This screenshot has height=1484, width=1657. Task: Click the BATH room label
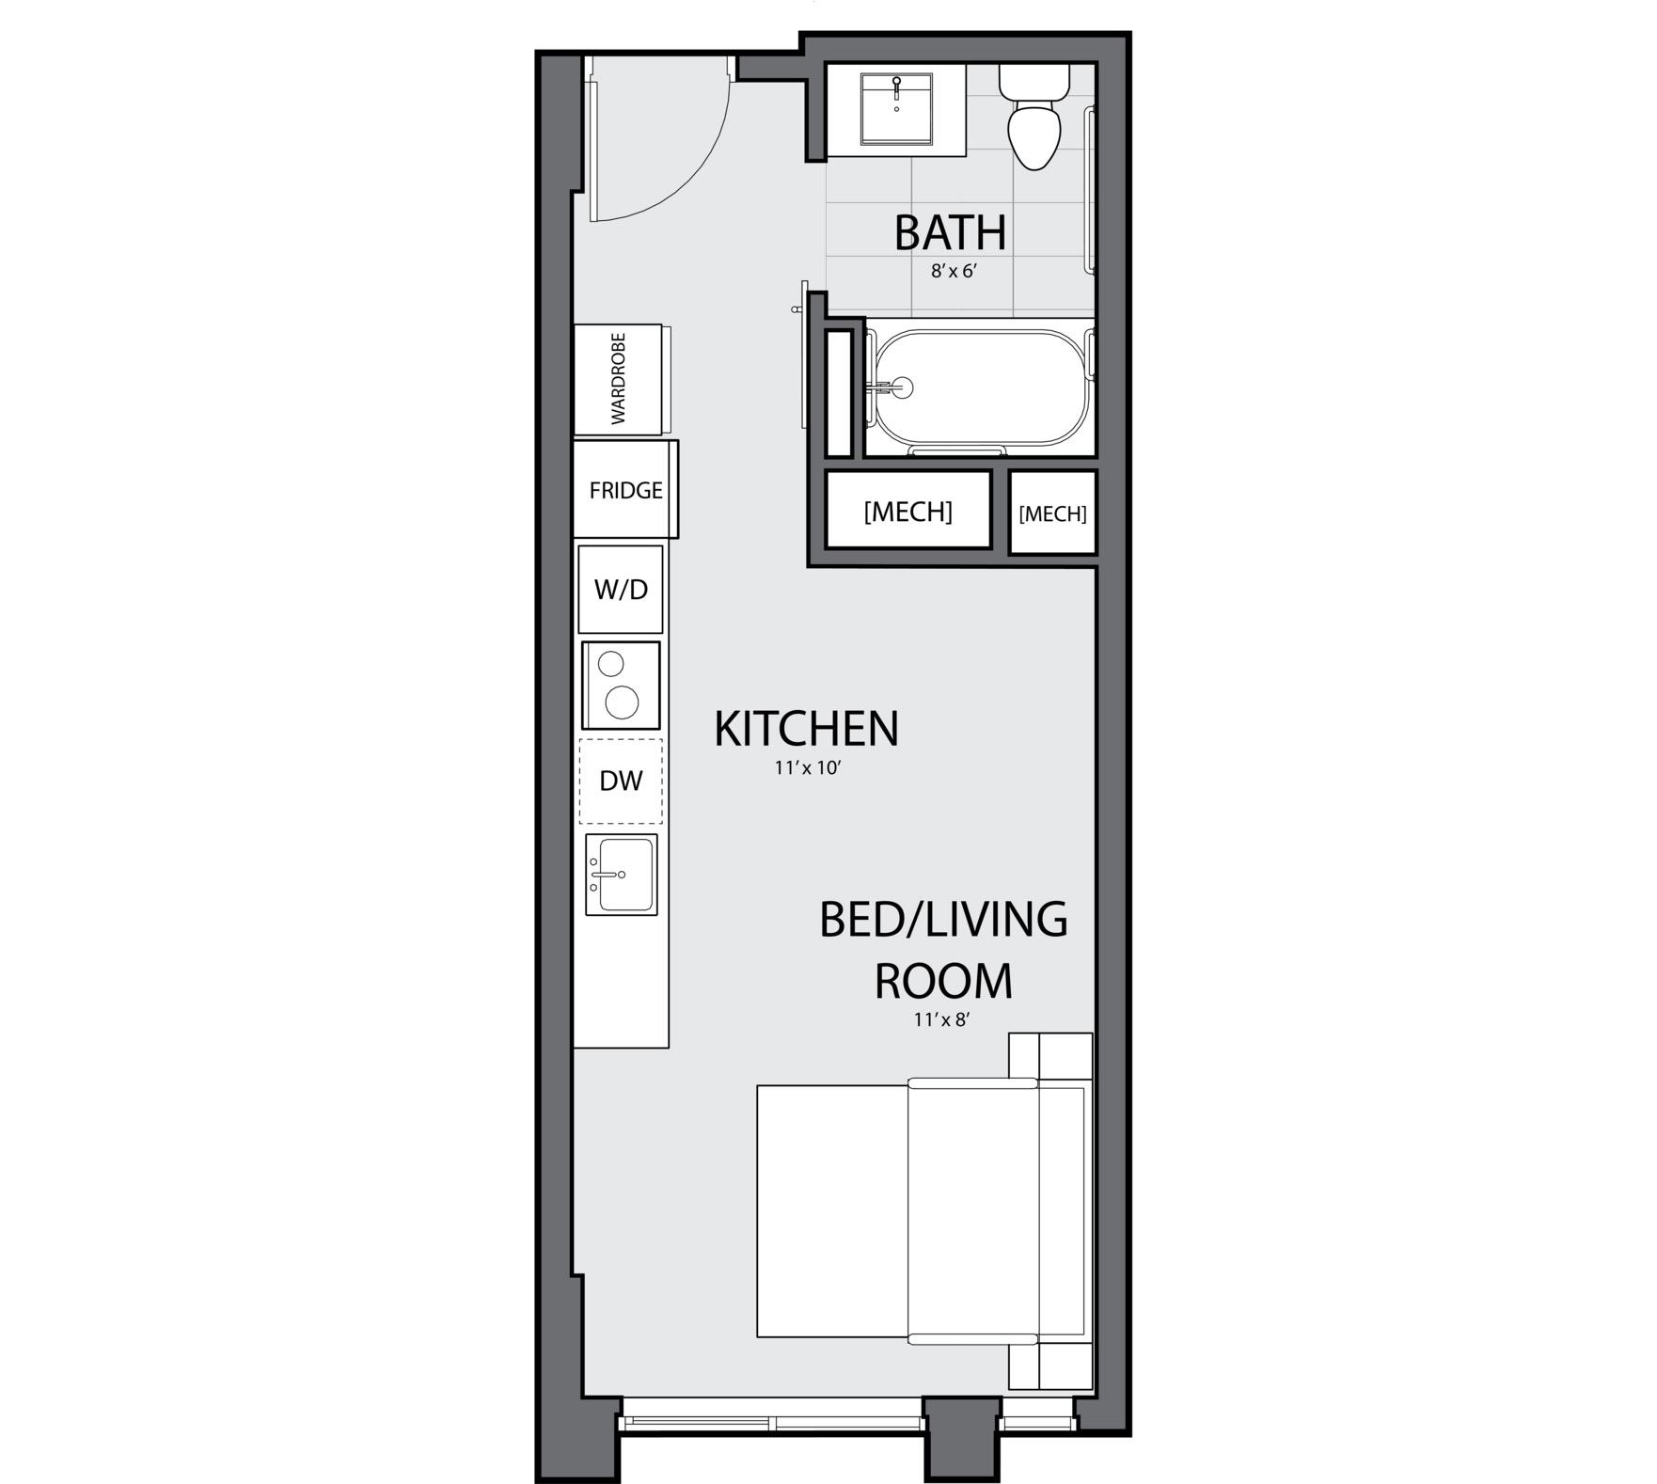(x=950, y=233)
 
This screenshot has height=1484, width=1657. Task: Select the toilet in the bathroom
(x=1034, y=117)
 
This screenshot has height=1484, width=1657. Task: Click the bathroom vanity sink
(x=897, y=110)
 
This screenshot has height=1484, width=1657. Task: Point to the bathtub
(x=981, y=387)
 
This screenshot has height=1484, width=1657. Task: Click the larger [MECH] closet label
(x=907, y=512)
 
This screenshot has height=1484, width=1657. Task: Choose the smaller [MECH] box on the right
(x=1052, y=513)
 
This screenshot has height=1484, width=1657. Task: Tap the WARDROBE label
(x=618, y=379)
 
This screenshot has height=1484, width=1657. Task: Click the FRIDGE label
(x=625, y=491)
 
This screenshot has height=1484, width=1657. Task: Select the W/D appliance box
(x=621, y=589)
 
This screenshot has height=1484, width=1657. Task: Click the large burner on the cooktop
(x=623, y=703)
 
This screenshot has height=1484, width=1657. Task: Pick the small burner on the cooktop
(x=611, y=664)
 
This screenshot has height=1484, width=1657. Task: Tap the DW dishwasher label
(x=621, y=781)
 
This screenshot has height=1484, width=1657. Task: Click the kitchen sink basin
(x=624, y=875)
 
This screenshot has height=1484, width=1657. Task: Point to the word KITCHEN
(x=807, y=729)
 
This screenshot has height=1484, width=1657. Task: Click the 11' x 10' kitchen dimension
(x=807, y=768)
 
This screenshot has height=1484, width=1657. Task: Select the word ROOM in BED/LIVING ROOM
(x=943, y=981)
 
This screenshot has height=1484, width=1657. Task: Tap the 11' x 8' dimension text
(x=940, y=1019)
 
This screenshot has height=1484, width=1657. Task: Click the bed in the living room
(x=923, y=1210)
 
